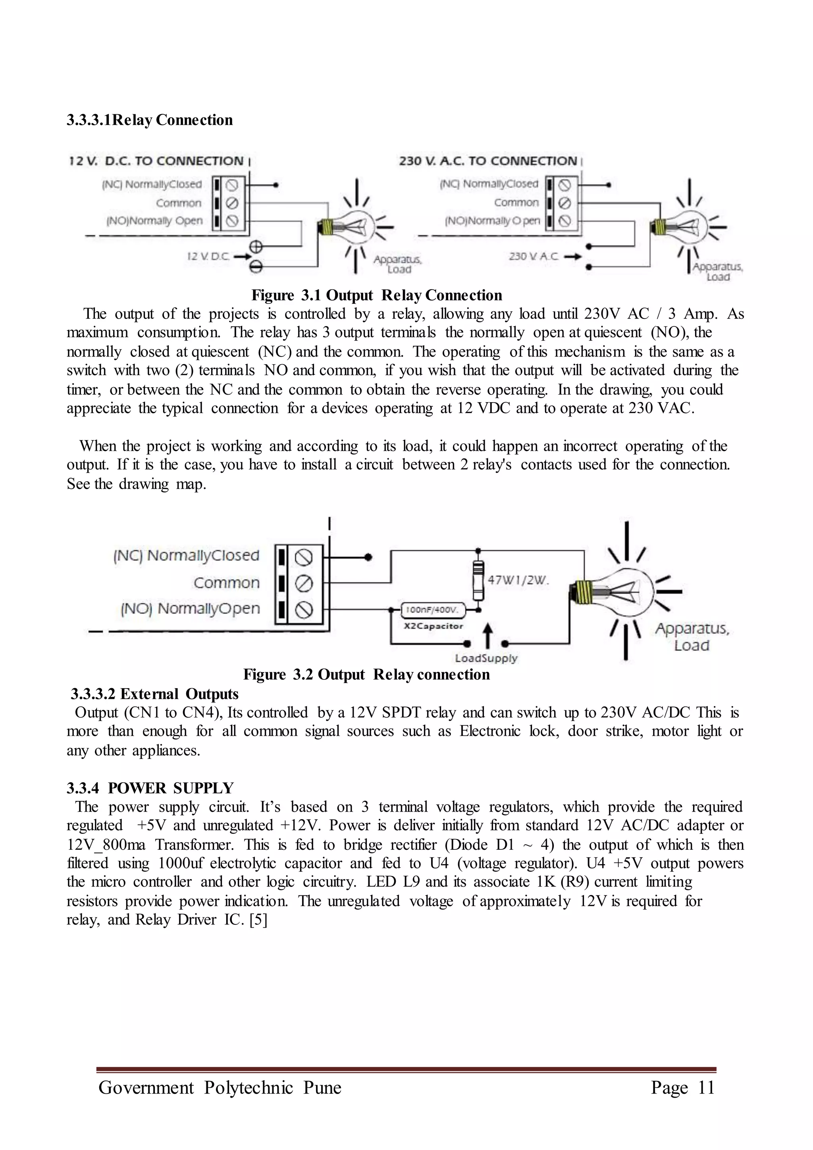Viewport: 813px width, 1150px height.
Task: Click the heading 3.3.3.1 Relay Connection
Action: coord(150,120)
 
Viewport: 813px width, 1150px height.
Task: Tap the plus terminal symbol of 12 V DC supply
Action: coord(256,247)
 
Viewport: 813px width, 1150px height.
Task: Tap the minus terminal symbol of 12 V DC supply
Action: coord(256,267)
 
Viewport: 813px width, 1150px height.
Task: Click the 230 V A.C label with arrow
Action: coord(545,257)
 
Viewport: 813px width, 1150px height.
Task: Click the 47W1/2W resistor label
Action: coord(518,581)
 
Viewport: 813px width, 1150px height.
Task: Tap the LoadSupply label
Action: coord(485,658)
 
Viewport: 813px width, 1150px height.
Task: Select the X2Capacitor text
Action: coord(433,626)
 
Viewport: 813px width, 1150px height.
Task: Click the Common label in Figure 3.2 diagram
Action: coord(226,583)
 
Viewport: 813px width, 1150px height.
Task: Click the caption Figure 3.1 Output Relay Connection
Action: coord(376,295)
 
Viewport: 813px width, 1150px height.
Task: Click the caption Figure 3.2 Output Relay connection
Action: coord(366,675)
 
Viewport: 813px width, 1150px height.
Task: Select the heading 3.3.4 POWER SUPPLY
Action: coord(150,788)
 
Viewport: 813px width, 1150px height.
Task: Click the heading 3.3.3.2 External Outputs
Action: coord(154,694)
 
